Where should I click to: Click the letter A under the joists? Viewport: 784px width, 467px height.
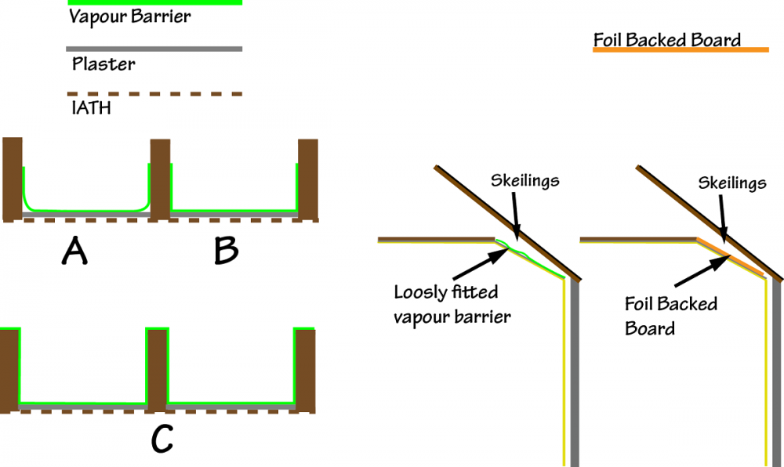pos(74,251)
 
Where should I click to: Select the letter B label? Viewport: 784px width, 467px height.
pos(226,251)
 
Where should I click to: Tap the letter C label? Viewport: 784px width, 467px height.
pos(162,439)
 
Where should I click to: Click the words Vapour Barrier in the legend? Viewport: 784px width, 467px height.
pos(129,17)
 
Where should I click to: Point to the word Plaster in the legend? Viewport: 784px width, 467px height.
pos(103,64)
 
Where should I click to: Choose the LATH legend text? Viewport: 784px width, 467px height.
pos(91,108)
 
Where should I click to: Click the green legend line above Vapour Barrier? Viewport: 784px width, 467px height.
pos(154,2)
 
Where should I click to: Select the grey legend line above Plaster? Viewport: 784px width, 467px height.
pos(154,49)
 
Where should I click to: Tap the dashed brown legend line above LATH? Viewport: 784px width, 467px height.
pos(154,94)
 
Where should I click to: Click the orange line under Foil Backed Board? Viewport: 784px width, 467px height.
pos(681,49)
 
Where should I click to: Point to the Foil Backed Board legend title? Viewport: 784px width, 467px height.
pos(667,39)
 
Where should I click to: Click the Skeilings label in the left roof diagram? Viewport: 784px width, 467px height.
pos(524,180)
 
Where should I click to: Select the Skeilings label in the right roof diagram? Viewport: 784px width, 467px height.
pos(732,183)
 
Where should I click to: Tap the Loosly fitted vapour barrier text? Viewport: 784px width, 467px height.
pos(452,304)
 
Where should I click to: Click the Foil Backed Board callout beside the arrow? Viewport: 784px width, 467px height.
pos(671,316)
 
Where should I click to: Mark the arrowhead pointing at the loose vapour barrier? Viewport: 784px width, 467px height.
pos(499,255)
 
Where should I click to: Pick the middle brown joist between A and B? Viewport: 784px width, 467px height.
pos(160,179)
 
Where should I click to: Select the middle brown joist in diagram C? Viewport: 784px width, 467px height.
pos(157,371)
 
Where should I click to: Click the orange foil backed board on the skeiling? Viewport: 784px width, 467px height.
pos(731,258)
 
